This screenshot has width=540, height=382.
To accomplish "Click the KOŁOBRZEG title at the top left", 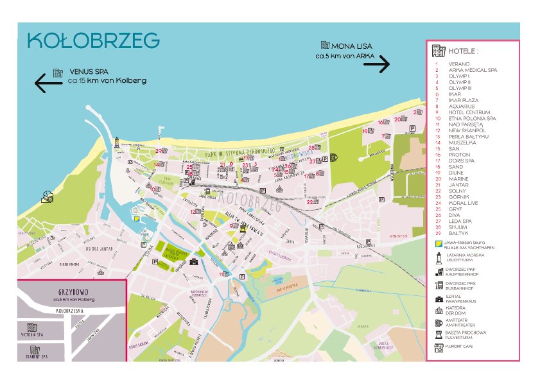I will click(94, 40).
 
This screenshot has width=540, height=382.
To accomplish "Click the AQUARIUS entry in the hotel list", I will click(461, 107).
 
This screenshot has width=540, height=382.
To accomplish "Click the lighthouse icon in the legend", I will click(438, 257).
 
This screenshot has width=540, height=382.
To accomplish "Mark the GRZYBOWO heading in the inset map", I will click(72, 290).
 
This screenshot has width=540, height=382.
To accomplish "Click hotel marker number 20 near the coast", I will click(397, 119).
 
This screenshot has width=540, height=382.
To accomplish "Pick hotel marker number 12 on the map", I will click(193, 211).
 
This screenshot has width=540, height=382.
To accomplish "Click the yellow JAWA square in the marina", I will click(137, 218).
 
